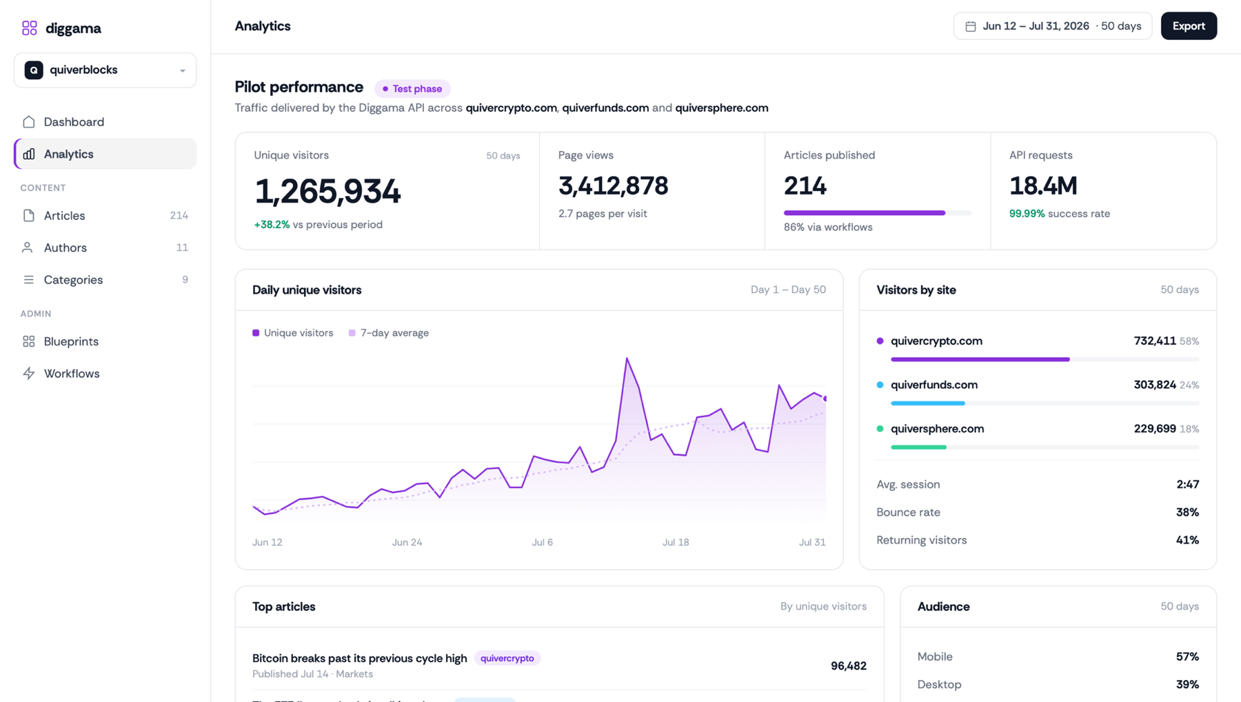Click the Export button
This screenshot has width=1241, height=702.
(x=1189, y=26)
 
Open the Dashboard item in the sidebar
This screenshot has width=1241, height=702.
(x=74, y=122)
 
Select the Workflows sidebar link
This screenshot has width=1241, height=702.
(x=72, y=374)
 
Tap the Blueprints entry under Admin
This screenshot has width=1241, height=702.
(x=71, y=341)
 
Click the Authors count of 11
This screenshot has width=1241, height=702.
(x=182, y=248)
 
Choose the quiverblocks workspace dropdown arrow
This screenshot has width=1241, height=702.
(x=183, y=70)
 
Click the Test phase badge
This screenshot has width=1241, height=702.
(x=412, y=89)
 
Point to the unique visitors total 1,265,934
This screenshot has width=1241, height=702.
(x=327, y=191)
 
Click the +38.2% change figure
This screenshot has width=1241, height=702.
(x=272, y=225)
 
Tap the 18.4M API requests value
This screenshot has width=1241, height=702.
(x=1043, y=186)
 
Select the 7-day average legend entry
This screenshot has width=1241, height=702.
(x=389, y=333)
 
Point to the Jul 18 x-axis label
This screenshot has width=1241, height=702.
(x=676, y=543)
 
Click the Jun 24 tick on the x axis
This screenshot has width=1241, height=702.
(x=407, y=543)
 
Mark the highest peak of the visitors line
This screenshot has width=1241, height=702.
(x=627, y=358)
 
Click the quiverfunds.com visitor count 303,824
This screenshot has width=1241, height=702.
(x=1155, y=385)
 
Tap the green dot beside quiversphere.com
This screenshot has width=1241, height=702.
(x=880, y=429)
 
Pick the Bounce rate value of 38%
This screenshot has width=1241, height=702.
(x=1187, y=512)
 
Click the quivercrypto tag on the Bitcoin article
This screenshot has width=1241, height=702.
(x=507, y=659)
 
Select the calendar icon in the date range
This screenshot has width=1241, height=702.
(x=971, y=26)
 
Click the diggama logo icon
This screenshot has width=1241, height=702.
(x=30, y=28)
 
